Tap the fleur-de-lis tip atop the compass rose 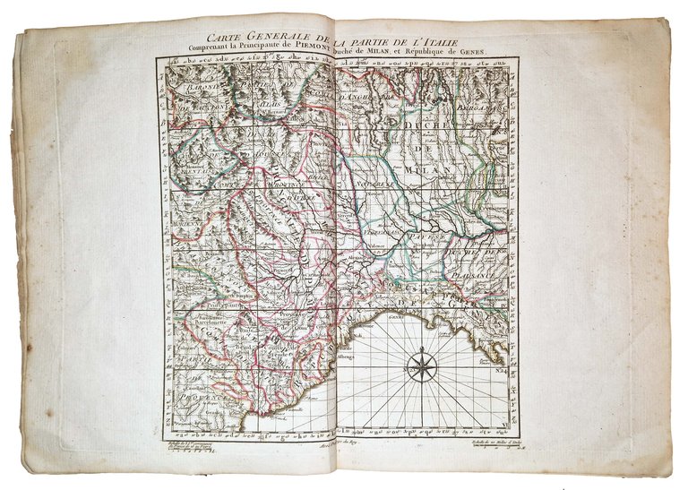(418, 343)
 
